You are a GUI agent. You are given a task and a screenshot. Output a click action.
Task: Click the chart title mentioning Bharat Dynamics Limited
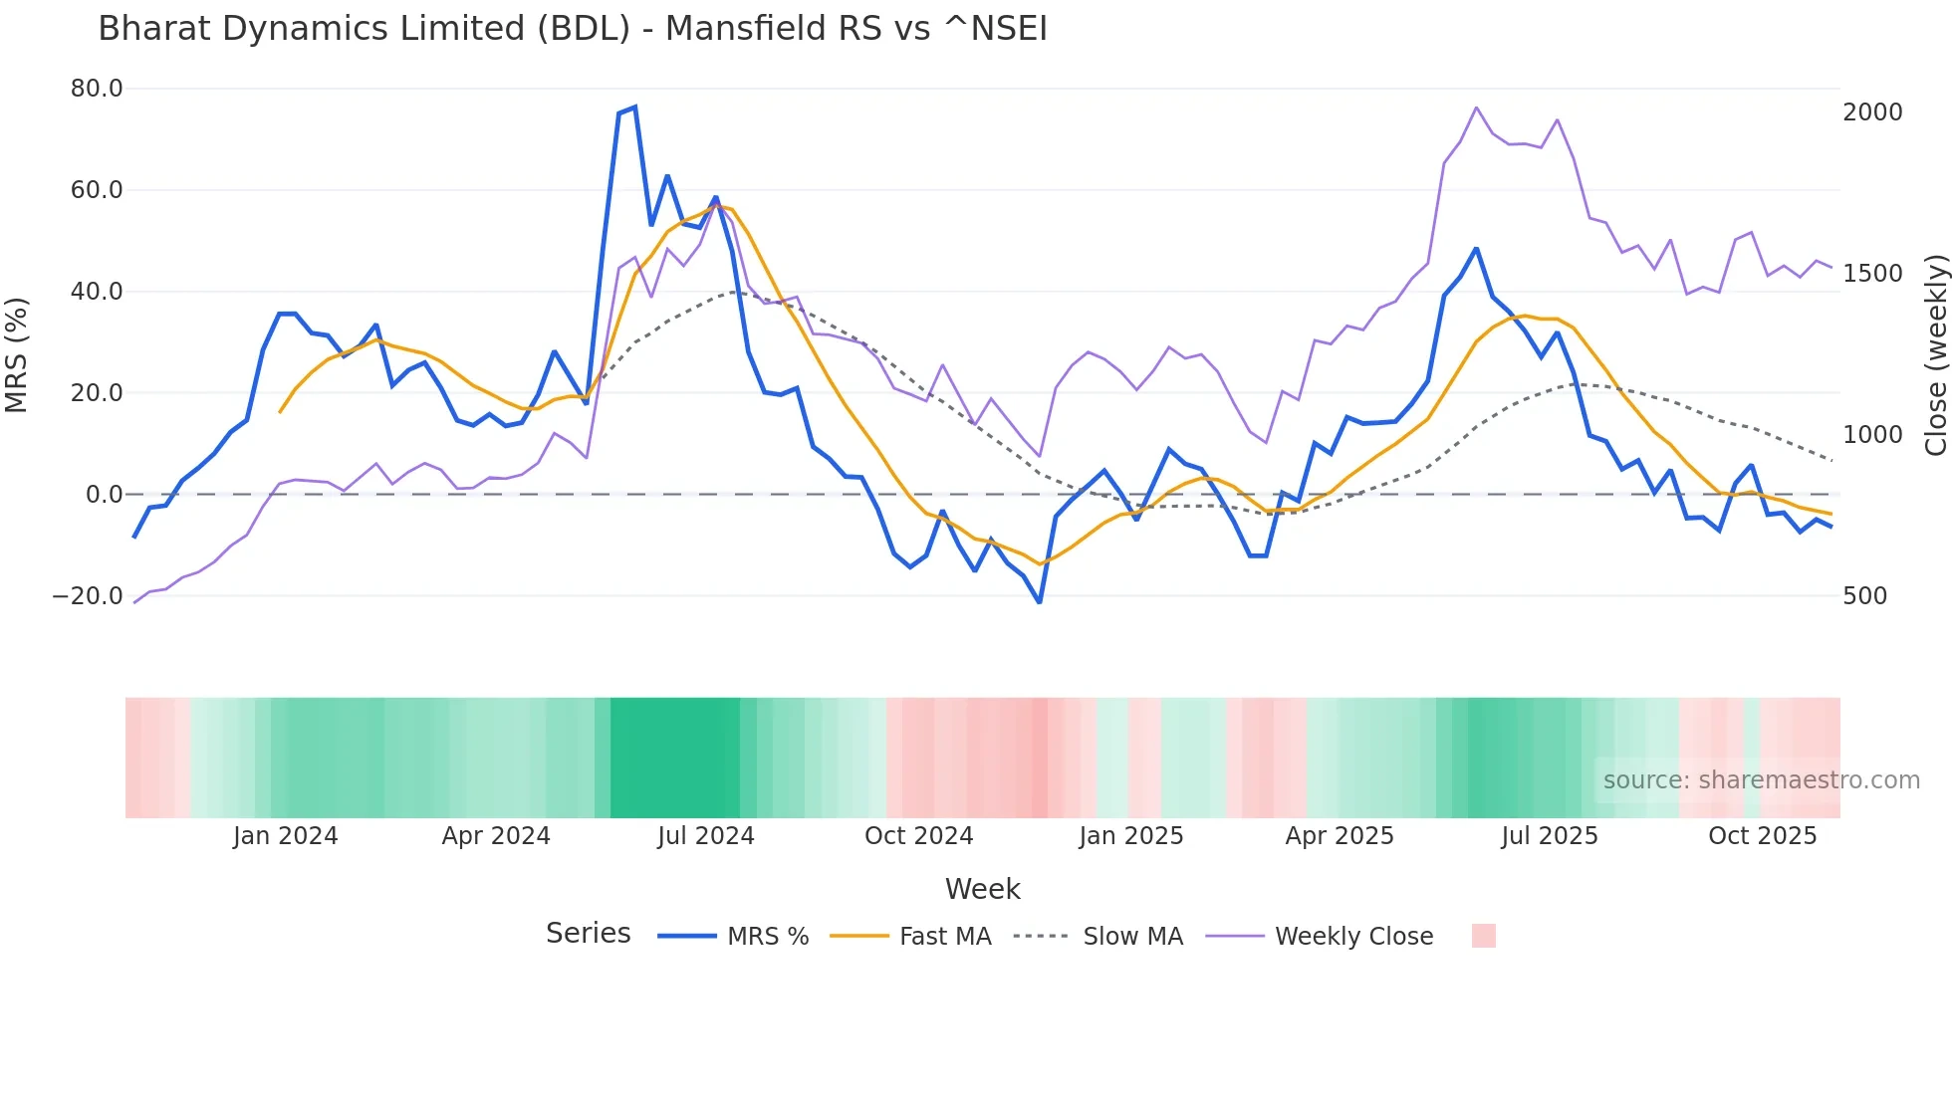pos(573,29)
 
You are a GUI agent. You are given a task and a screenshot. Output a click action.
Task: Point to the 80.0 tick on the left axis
pos(97,89)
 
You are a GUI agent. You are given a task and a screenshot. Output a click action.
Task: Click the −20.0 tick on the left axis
pos(88,596)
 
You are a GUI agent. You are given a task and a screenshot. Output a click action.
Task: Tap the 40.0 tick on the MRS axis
pos(97,292)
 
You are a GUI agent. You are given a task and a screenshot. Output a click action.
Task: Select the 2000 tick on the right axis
pos(1872,112)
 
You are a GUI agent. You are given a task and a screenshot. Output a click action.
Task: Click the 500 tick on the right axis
pos(1864,596)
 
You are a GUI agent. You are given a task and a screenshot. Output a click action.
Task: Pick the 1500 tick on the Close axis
pos(1872,274)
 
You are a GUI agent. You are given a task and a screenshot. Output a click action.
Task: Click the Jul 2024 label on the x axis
pos(705,836)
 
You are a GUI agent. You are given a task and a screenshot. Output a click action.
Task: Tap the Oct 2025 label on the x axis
pos(1762,836)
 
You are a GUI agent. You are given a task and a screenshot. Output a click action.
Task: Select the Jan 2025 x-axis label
pos(1130,836)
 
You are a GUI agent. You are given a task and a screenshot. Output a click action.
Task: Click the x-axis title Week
pos(982,889)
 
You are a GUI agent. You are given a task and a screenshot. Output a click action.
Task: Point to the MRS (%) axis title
pos(17,354)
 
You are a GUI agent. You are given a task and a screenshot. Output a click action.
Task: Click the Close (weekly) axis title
pos(1935,354)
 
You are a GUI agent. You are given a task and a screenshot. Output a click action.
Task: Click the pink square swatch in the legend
pos(1483,936)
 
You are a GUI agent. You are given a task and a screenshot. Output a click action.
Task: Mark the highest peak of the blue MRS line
pos(634,108)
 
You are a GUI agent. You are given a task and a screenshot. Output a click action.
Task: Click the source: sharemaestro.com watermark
pos(1761,780)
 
